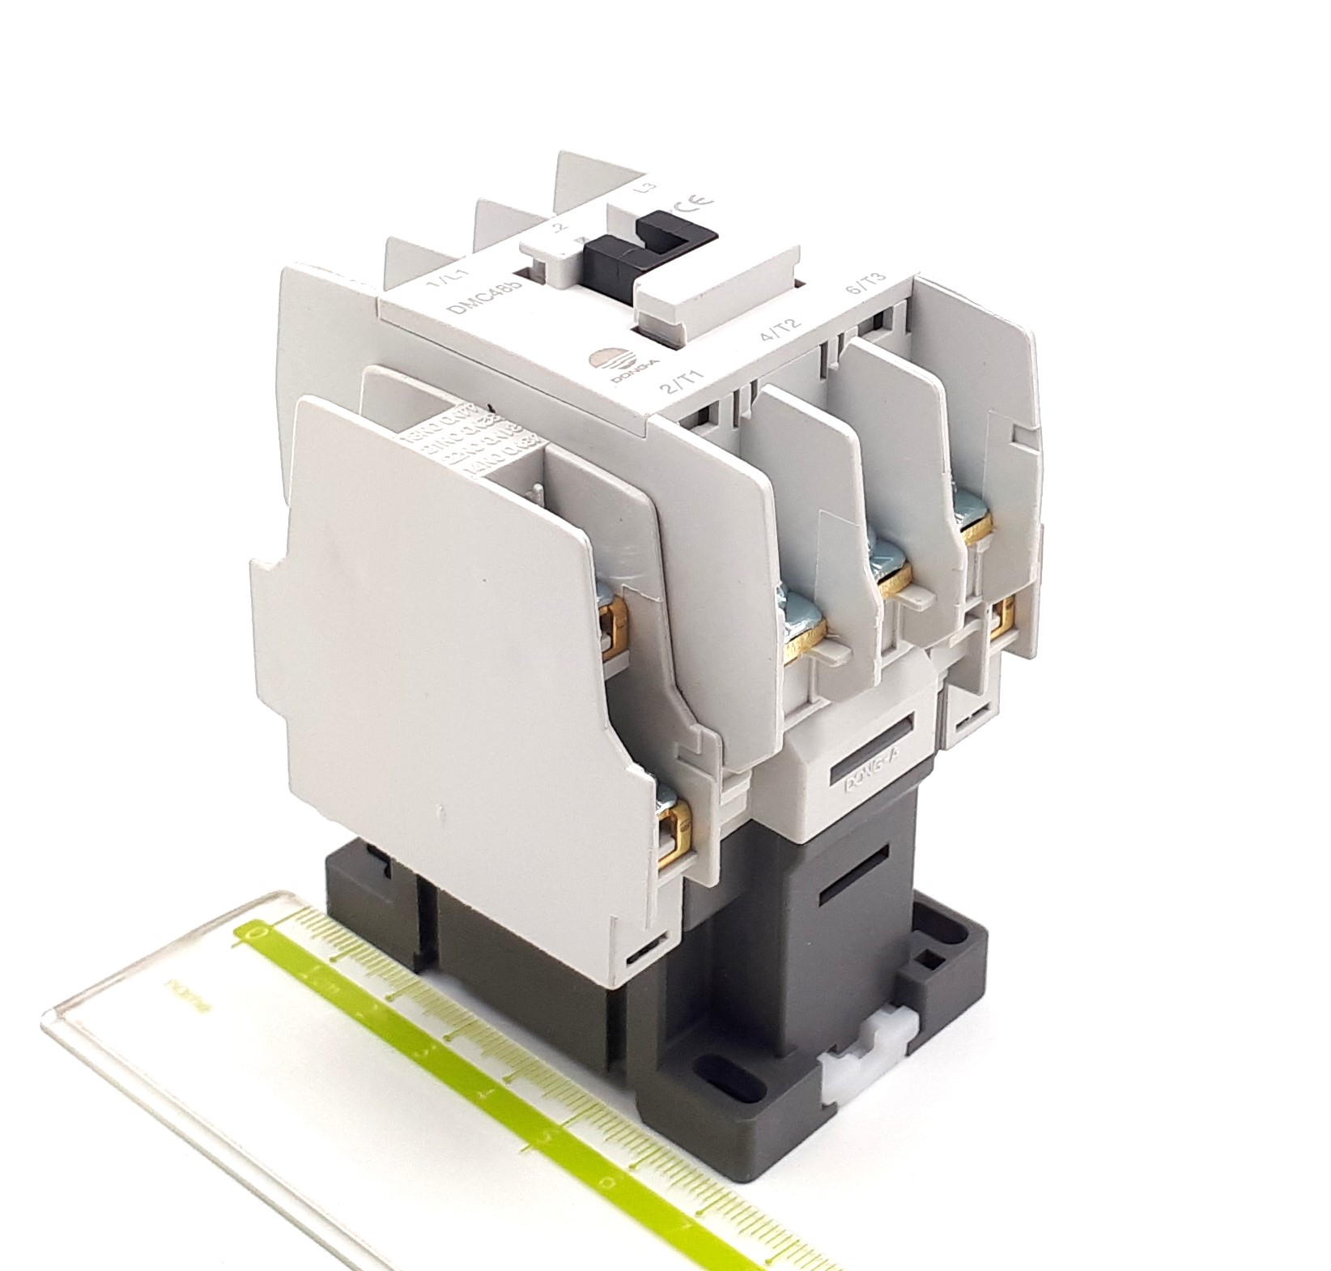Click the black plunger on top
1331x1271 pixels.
coord(640,247)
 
